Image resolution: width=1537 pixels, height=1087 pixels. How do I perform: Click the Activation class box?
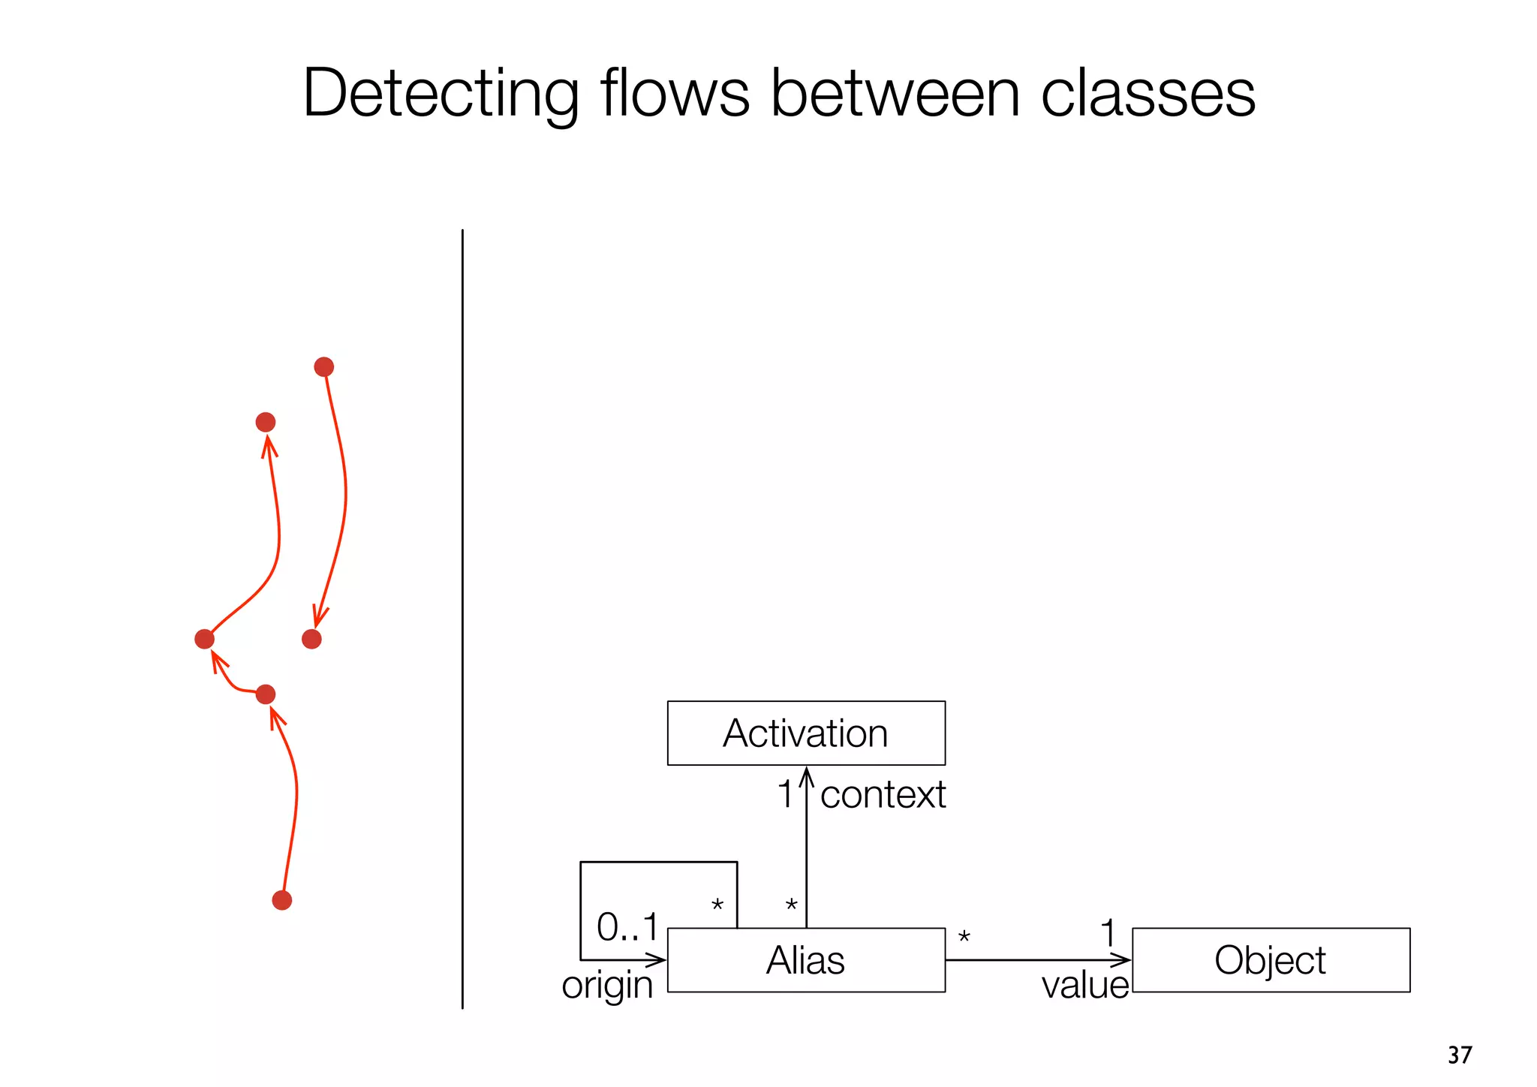pos(805,733)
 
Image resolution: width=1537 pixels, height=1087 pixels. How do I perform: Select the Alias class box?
pos(805,960)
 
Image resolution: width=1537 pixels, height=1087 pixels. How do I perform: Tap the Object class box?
pos(1270,960)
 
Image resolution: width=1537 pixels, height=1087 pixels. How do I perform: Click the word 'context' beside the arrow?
pos(883,794)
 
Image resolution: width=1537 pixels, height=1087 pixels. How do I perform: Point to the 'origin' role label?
pos(607,985)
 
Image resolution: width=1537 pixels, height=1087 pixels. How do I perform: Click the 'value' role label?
pos(1084,985)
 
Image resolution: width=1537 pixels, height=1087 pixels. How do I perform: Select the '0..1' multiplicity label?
pos(627,927)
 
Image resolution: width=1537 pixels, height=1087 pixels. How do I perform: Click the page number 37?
pos(1460,1055)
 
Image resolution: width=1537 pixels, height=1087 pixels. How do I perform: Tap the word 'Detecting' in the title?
pos(441,94)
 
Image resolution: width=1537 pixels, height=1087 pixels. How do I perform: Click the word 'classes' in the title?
pos(1147,94)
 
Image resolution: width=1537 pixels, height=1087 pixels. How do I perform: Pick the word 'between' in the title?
pos(895,94)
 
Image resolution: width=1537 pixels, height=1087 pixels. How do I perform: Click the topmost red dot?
pos(323,367)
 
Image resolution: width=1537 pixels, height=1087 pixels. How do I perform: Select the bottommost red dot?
pos(281,900)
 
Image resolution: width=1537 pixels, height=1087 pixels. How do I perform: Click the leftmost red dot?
pos(204,639)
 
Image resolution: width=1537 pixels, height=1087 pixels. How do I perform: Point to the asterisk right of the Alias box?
pos(964,937)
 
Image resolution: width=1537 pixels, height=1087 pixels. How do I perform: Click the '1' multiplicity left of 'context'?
pos(784,794)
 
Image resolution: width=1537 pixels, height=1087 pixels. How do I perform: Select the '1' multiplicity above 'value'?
pos(1107,933)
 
